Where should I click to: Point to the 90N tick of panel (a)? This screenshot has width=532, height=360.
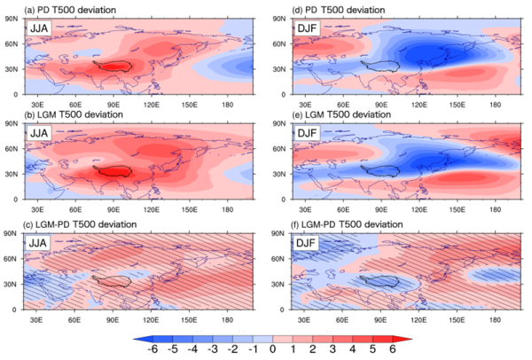pos(12,16)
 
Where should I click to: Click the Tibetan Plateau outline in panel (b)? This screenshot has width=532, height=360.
pos(113,171)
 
